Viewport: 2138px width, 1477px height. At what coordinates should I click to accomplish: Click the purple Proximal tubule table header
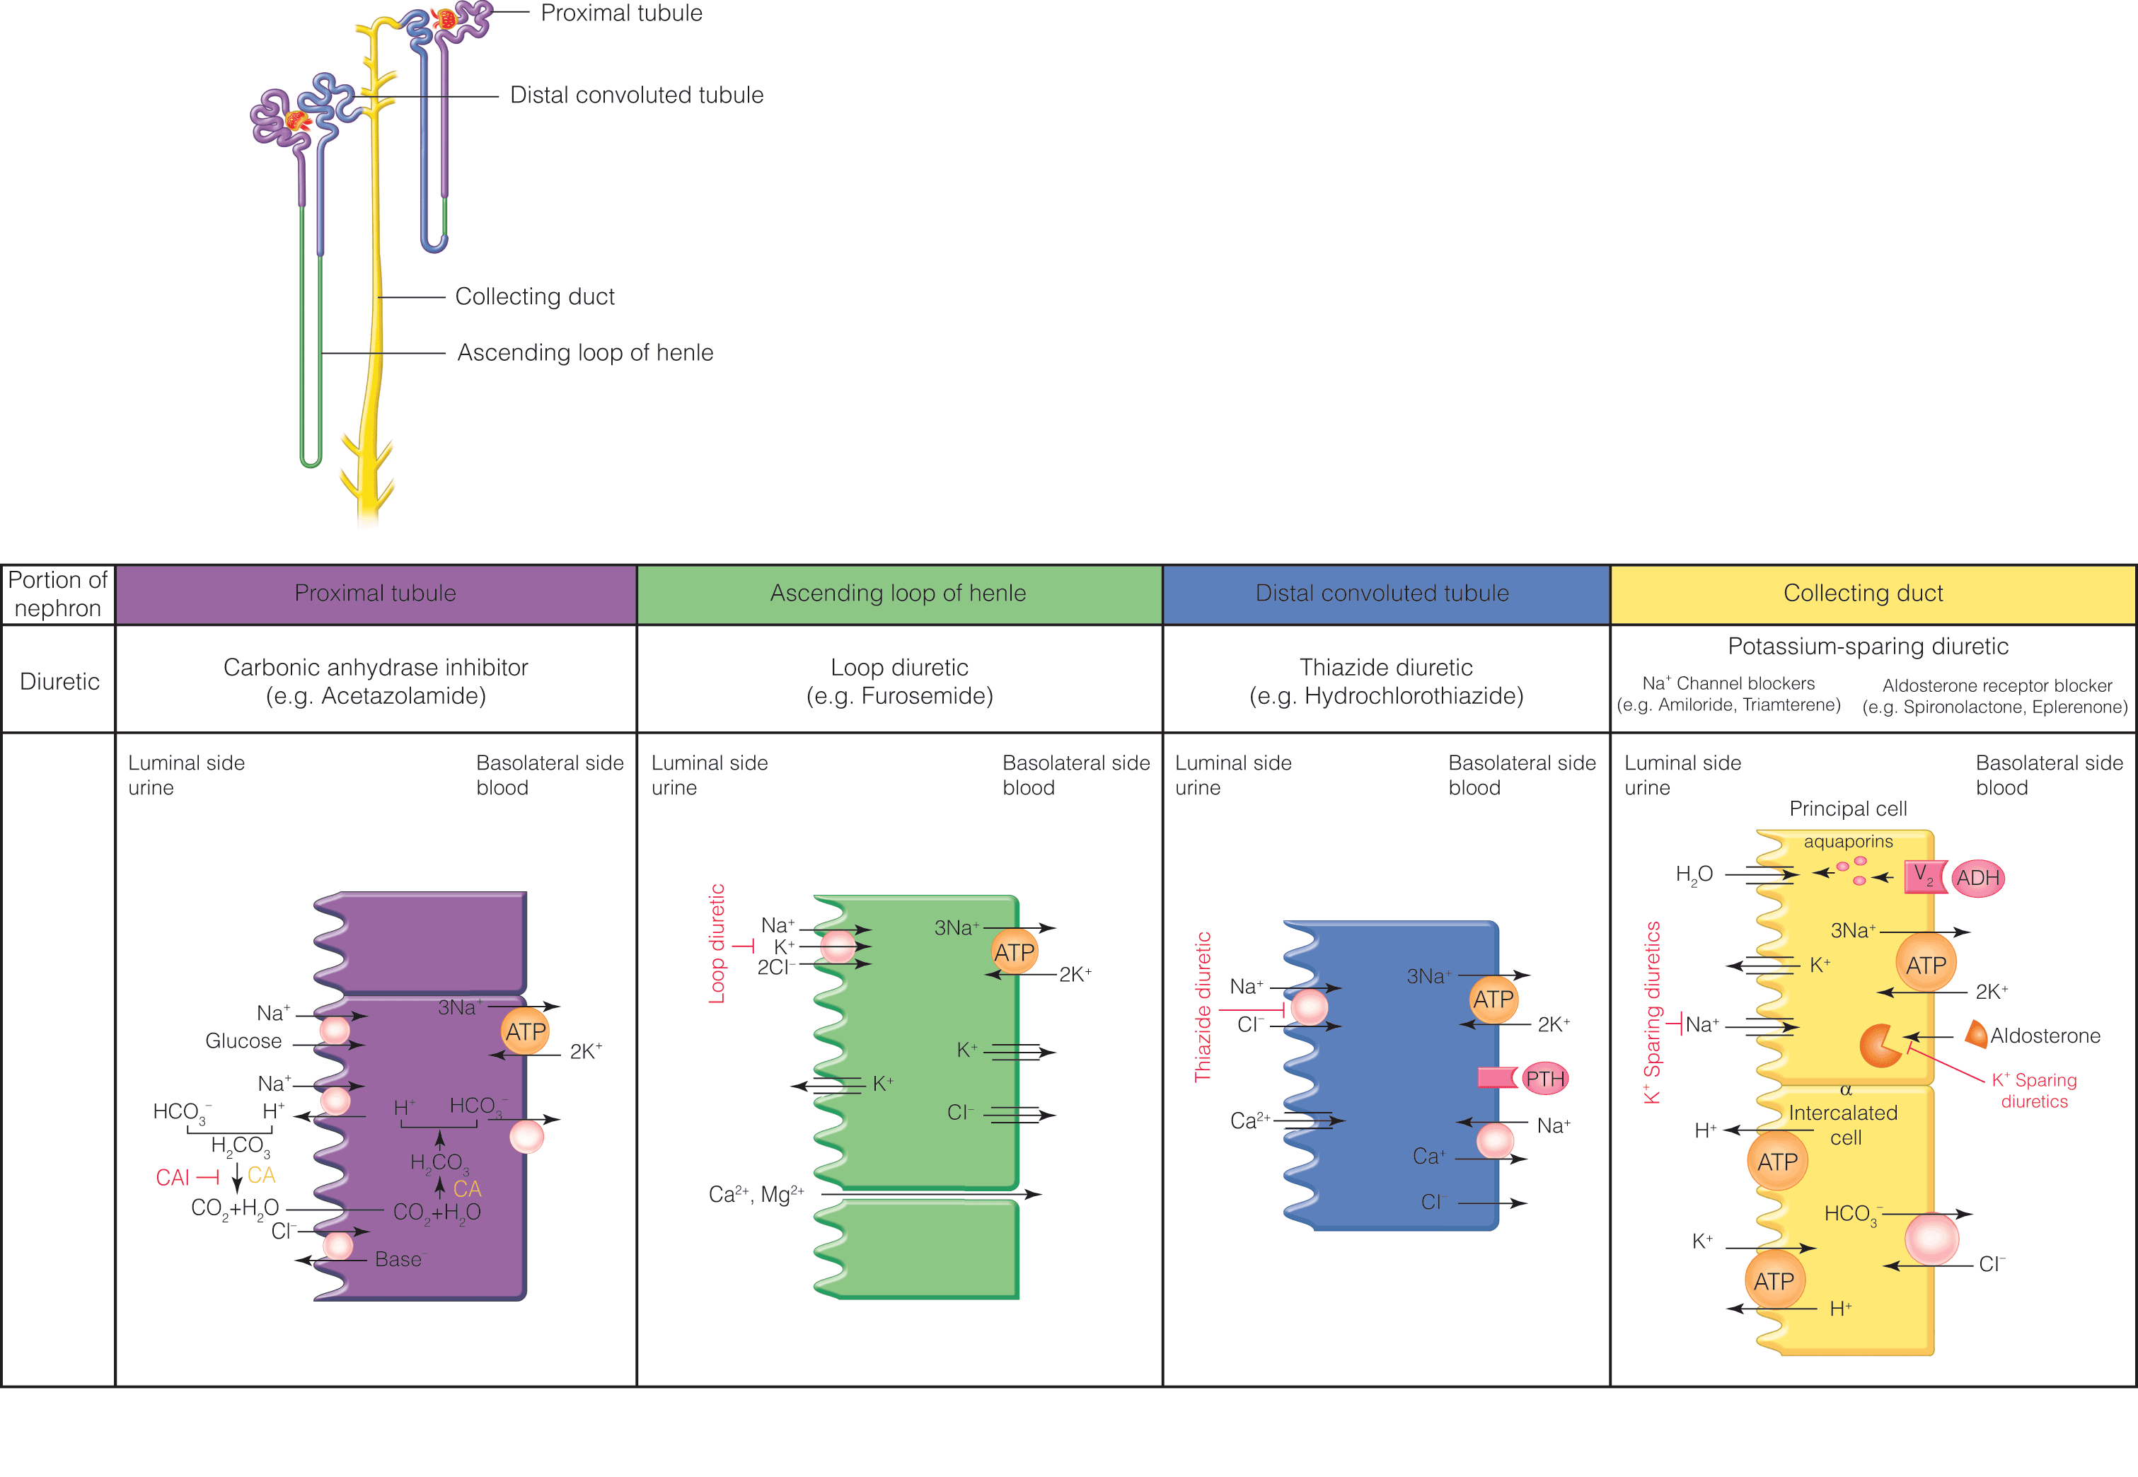click(376, 594)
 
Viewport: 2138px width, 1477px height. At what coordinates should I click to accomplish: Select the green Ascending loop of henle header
click(898, 594)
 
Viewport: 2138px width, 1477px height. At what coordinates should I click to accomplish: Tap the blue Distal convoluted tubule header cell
click(1385, 594)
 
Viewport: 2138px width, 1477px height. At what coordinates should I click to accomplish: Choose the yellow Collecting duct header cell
click(1873, 594)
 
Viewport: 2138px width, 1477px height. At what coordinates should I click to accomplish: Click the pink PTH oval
click(1544, 1078)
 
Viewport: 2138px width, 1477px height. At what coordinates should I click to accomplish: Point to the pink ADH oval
click(1978, 877)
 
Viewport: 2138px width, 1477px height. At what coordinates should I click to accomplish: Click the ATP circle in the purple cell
click(526, 1031)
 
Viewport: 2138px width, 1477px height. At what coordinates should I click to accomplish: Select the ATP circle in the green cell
click(1015, 951)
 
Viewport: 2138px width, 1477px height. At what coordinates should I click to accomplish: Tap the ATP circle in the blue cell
click(1493, 1000)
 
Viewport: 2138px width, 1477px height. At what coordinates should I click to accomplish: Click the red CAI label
click(173, 1177)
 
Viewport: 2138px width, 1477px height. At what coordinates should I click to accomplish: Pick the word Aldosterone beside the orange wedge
click(2045, 1036)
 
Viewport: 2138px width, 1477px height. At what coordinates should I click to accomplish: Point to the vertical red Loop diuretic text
click(717, 943)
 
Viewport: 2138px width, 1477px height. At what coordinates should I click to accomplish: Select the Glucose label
click(243, 1041)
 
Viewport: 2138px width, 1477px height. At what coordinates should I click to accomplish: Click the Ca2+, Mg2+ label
click(756, 1195)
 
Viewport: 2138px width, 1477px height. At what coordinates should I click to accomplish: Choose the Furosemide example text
click(900, 696)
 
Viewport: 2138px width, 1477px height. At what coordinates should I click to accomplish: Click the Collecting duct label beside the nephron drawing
click(535, 296)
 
